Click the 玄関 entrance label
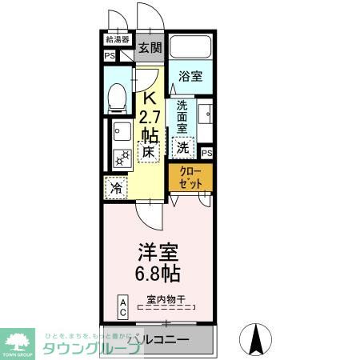[x=149, y=47]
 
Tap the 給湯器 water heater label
[x=118, y=39]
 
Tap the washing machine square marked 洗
[x=183, y=147]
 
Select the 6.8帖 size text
[x=158, y=273]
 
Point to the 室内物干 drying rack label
[x=166, y=298]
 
